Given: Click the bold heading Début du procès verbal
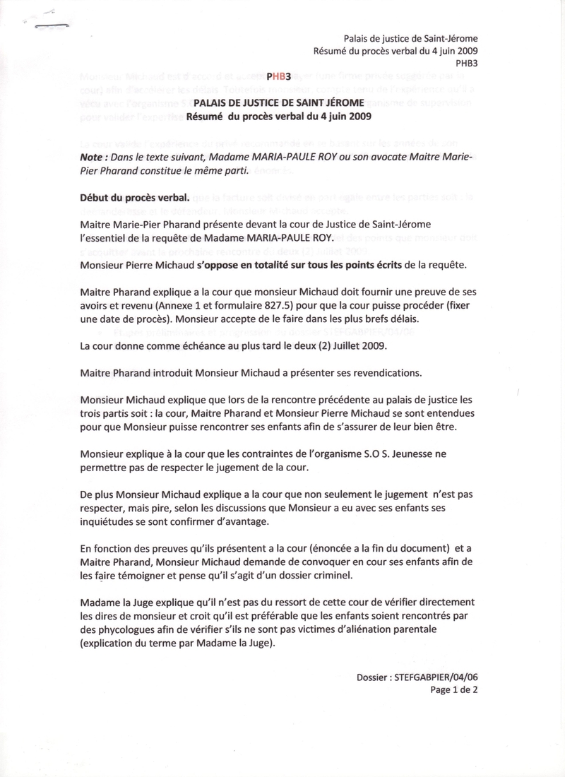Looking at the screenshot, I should click(x=134, y=198).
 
